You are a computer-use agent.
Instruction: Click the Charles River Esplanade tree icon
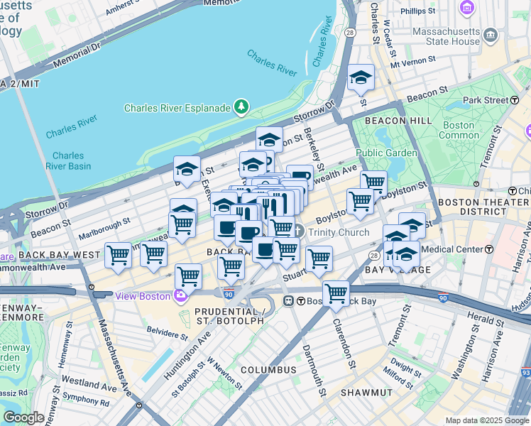(243, 107)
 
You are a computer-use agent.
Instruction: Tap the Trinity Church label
(339, 232)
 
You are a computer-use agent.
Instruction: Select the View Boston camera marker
(181, 295)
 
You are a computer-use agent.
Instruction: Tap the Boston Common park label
(458, 130)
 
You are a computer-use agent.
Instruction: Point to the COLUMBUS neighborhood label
(268, 370)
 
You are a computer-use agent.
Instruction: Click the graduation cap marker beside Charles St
(361, 78)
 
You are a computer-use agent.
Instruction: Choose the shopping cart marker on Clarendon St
(336, 293)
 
